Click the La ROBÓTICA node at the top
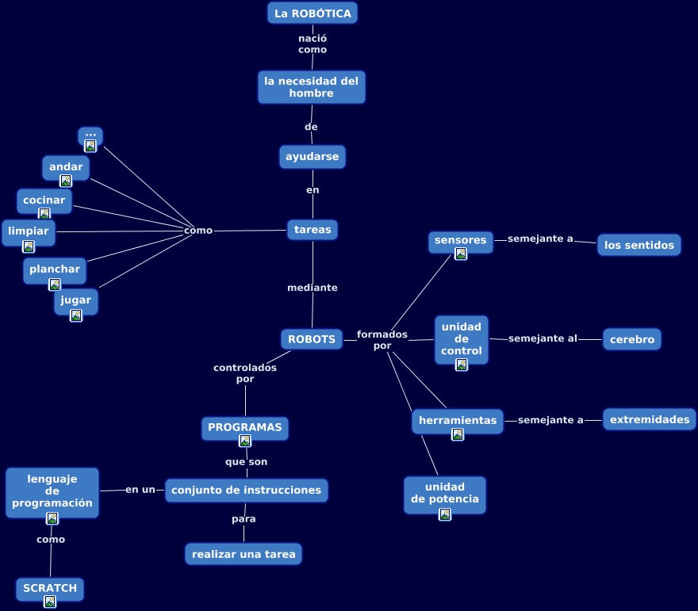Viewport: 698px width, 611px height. [x=313, y=13]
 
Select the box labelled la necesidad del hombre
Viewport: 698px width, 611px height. [x=312, y=87]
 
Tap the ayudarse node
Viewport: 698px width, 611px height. [x=313, y=157]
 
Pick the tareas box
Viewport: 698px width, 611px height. [x=313, y=230]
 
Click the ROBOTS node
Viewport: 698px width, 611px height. [x=312, y=339]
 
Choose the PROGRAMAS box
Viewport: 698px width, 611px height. [x=245, y=427]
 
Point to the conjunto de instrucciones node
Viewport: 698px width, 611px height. [x=246, y=491]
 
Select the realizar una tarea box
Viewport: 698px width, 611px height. [x=244, y=554]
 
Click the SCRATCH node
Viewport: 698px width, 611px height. [x=50, y=588]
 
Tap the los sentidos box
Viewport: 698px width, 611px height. [x=639, y=246]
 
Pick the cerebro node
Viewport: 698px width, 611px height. [x=632, y=339]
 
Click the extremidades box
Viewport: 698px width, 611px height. [x=650, y=419]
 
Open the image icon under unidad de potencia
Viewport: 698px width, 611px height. [x=445, y=514]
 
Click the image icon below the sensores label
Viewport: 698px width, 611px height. [x=461, y=254]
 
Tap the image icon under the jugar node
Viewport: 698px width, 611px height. [x=76, y=315]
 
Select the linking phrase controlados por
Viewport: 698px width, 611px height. [x=245, y=373]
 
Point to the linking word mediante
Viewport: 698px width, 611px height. [x=313, y=288]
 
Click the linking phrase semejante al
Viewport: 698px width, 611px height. [x=543, y=339]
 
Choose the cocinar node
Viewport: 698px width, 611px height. [x=44, y=200]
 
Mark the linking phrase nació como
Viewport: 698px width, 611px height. [x=313, y=44]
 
